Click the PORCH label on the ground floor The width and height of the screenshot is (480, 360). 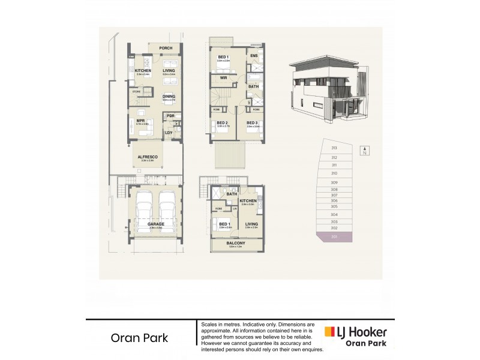point(166,49)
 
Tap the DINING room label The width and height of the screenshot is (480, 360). point(169,96)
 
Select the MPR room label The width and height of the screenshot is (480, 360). point(142,120)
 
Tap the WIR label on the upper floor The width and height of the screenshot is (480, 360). point(223,77)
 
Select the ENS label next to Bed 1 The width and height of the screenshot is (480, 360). point(254,56)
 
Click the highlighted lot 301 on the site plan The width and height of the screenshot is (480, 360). point(334,237)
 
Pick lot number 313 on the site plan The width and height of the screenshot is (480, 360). point(334,148)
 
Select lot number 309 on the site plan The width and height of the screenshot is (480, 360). point(334,182)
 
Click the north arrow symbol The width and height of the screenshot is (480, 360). point(362,151)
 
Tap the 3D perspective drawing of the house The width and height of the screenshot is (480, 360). point(327,90)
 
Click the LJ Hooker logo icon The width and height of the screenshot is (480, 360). point(329,332)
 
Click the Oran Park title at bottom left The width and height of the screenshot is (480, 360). point(139,337)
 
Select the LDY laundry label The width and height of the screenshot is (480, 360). point(169,132)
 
